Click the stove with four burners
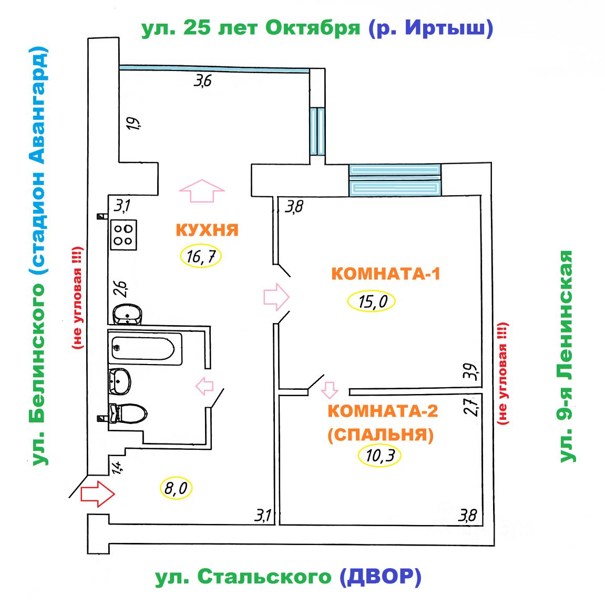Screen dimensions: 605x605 (x=124, y=235)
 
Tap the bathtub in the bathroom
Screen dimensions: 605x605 (x=145, y=348)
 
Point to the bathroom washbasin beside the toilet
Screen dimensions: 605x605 (x=120, y=381)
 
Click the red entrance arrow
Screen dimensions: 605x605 (x=97, y=493)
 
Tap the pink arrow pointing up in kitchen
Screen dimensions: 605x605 (x=202, y=190)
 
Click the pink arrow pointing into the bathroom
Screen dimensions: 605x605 (x=204, y=386)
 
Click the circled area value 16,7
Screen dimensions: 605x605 (x=200, y=257)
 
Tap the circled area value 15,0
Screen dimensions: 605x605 (x=371, y=302)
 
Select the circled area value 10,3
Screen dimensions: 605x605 (x=380, y=455)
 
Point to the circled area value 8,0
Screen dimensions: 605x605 (x=176, y=489)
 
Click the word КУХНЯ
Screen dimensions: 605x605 (x=207, y=230)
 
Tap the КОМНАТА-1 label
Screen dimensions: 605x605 (x=385, y=274)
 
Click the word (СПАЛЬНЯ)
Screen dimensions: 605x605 (x=381, y=435)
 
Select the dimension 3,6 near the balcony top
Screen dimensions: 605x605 (x=203, y=81)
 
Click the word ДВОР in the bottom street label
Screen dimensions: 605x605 (x=380, y=577)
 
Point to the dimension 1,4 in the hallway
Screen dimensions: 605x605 (x=116, y=466)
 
